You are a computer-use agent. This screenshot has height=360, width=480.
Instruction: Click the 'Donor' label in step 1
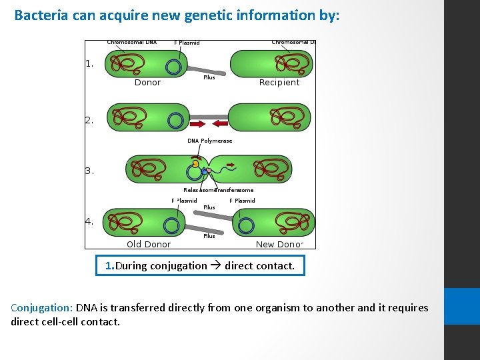click(x=147, y=83)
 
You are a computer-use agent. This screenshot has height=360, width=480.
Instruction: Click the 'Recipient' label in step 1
click(x=279, y=83)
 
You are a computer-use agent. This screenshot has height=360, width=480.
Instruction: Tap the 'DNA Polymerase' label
click(x=210, y=141)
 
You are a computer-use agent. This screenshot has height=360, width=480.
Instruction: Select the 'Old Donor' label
click(x=149, y=244)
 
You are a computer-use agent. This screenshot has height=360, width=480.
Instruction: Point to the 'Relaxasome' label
click(x=198, y=190)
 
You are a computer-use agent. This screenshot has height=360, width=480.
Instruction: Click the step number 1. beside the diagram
click(x=89, y=64)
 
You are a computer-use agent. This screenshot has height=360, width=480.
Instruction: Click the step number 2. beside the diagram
click(x=89, y=121)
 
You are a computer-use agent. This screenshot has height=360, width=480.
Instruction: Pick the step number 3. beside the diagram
click(x=89, y=171)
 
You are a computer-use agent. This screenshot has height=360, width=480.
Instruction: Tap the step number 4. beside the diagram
click(x=89, y=223)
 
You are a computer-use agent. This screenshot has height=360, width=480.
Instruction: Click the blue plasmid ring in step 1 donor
click(x=174, y=67)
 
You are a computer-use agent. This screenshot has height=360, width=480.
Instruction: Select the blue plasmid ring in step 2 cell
click(x=175, y=120)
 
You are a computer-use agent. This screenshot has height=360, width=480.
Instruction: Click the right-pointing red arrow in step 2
click(x=199, y=123)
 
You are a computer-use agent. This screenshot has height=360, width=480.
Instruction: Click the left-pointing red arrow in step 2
click(x=219, y=123)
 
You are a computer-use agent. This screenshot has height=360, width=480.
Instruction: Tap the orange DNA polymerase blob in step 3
click(x=195, y=163)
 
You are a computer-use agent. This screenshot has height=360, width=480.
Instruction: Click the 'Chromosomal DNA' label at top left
click(x=132, y=43)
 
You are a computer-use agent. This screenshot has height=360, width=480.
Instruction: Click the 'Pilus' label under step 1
click(x=209, y=77)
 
